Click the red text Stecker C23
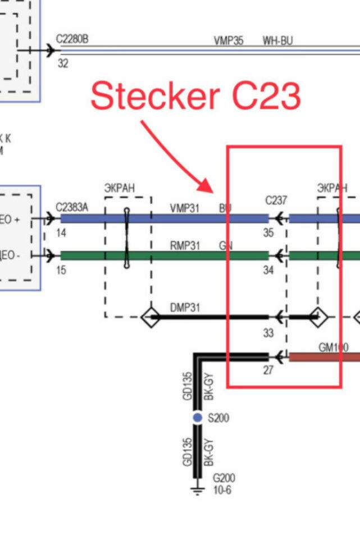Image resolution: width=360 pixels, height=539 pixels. tap(195, 96)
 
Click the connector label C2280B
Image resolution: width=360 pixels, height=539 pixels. tap(72, 39)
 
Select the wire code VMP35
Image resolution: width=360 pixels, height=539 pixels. tap(228, 41)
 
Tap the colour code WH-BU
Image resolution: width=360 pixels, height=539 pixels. tap(277, 41)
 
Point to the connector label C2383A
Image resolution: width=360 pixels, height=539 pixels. tap(72, 208)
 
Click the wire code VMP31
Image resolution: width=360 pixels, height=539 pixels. tap(185, 208)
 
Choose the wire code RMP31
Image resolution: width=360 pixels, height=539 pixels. tap(185, 245)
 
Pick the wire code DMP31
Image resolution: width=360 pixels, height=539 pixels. tap(185, 308)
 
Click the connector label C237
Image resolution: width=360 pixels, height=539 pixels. tap(276, 200)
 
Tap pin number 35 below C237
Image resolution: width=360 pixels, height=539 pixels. tap(268, 233)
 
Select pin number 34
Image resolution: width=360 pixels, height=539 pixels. tap(268, 271)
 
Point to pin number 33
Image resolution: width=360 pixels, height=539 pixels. tap(268, 333)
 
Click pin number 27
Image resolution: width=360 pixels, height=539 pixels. tap(268, 371)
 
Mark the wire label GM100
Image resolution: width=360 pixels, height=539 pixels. tap(333, 348)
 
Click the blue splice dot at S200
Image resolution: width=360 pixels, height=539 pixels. tap(197, 418)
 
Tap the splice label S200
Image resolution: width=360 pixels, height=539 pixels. tap(218, 418)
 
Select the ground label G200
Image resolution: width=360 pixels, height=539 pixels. tap(224, 478)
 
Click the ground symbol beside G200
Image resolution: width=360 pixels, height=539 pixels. tap(197, 492)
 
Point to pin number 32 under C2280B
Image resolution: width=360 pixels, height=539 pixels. tap(63, 64)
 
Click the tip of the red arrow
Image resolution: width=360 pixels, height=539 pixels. tap(212, 191)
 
